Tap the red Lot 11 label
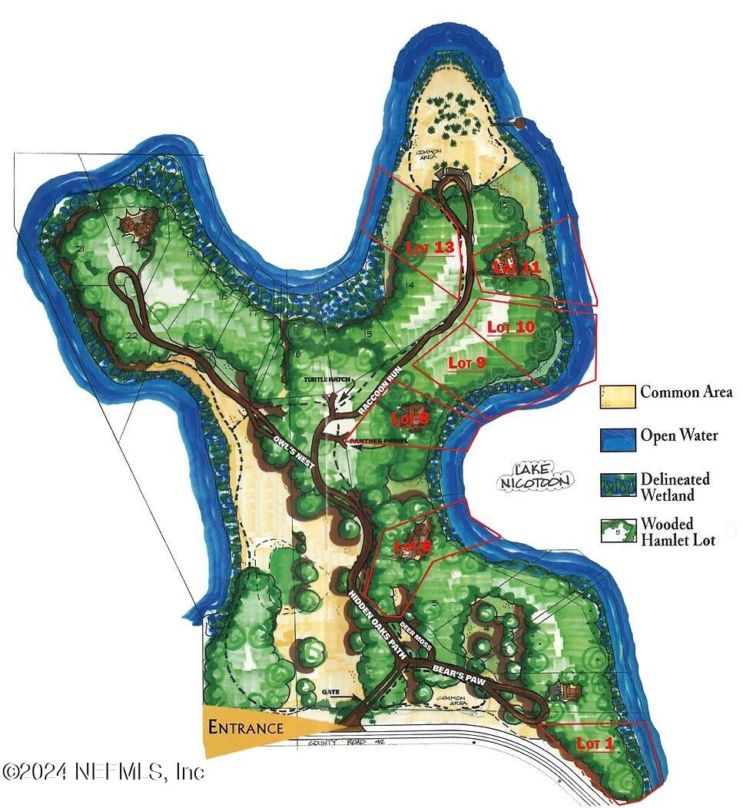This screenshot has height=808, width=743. [x=517, y=267]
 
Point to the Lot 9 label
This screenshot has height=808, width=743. [x=466, y=363]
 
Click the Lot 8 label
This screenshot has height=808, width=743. [x=410, y=419]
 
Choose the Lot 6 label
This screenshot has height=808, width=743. [x=413, y=546]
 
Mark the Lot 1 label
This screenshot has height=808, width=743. [x=595, y=743]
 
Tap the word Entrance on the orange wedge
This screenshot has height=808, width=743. [x=246, y=727]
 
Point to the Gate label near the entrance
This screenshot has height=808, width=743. [x=331, y=692]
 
